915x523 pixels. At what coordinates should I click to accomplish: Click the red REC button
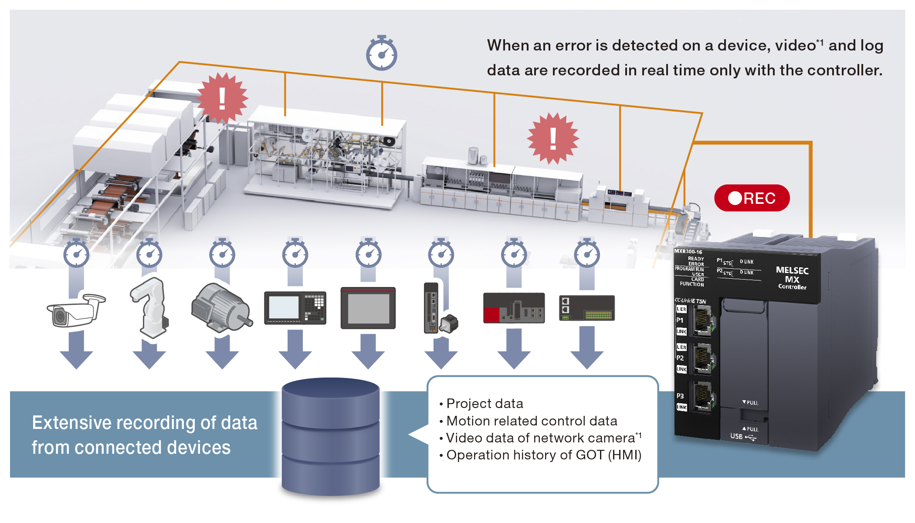tap(752, 198)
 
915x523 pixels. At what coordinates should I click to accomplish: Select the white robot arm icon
tap(149, 307)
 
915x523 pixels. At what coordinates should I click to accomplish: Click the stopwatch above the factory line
tap(381, 54)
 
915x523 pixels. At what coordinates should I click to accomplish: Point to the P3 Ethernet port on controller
tap(702, 397)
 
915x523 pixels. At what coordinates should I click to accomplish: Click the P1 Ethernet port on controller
tap(702, 321)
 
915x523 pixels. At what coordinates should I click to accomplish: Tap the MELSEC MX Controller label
tap(792, 278)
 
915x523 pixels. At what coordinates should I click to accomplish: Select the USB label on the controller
tap(736, 436)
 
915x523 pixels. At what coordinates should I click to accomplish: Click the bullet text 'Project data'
tap(485, 404)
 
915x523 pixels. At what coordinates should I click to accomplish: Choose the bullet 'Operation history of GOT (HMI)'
tap(543, 455)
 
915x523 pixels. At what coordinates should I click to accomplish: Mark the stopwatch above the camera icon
tap(76, 253)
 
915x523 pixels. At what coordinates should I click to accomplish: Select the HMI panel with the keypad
tap(295, 308)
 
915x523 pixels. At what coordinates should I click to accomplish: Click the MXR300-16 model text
tap(688, 251)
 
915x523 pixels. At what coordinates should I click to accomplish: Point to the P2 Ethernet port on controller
tap(702, 358)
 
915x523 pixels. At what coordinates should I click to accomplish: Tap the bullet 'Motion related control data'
tap(532, 421)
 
